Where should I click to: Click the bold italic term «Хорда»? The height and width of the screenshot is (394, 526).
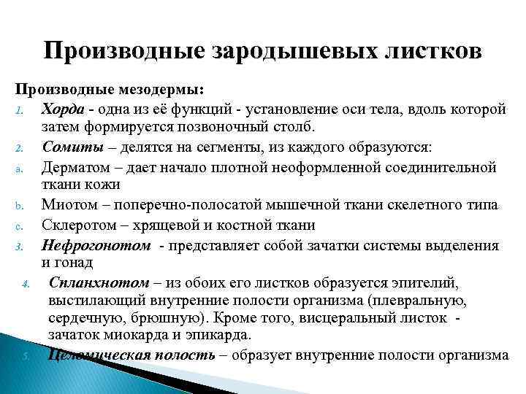click(64, 109)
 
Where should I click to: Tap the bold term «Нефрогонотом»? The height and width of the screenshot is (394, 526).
click(96, 244)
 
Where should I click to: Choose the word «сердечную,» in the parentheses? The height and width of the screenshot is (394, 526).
click(85, 317)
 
